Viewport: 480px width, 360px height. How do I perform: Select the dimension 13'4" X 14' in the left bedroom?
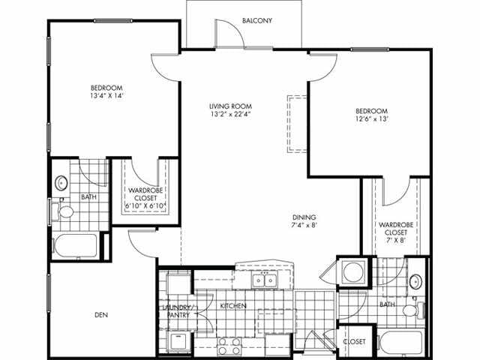click(106, 96)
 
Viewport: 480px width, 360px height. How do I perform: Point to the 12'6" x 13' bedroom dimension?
click(372, 118)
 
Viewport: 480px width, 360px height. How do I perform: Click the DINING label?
click(304, 215)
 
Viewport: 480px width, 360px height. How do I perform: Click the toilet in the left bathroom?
click(64, 212)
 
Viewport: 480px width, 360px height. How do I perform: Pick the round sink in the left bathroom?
click(61, 182)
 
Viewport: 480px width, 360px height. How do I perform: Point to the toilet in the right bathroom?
click(410, 310)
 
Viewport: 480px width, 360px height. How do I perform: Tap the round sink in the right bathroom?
click(417, 282)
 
